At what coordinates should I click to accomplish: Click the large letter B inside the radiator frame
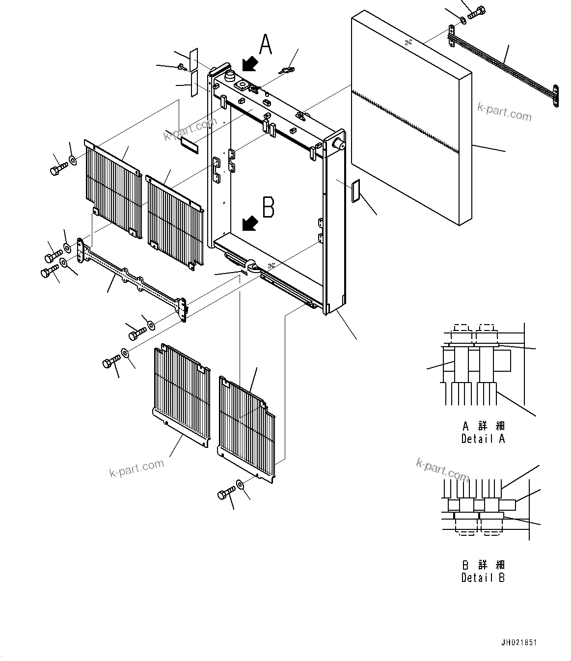tap(268, 207)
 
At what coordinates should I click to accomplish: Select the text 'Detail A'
tap(483, 439)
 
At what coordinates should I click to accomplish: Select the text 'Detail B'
tap(483, 578)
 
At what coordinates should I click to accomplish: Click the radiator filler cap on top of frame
tap(230, 76)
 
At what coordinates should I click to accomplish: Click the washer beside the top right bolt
tap(463, 20)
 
